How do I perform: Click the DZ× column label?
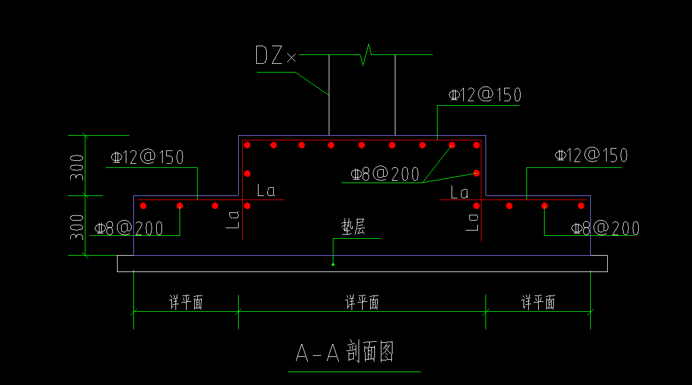click(x=276, y=56)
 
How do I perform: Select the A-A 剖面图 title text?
click(x=345, y=353)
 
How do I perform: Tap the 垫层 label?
click(x=354, y=228)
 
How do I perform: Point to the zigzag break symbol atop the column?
click(x=366, y=54)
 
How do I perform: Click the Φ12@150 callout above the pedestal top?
click(x=484, y=95)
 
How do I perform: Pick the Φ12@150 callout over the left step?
click(x=147, y=157)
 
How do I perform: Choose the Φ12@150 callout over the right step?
click(x=591, y=155)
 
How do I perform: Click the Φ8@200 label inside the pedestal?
click(x=385, y=174)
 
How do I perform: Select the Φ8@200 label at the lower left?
click(x=129, y=228)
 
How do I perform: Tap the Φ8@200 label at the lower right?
click(x=605, y=228)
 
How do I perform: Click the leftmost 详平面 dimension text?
click(x=186, y=302)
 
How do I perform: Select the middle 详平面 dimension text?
click(x=362, y=302)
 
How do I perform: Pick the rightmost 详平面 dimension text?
click(x=538, y=302)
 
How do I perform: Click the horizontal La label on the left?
click(x=266, y=191)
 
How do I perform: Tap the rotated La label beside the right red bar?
click(x=472, y=221)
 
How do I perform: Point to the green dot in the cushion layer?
click(x=333, y=264)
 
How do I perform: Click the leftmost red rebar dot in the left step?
click(x=143, y=205)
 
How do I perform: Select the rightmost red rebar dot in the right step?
click(x=581, y=205)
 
